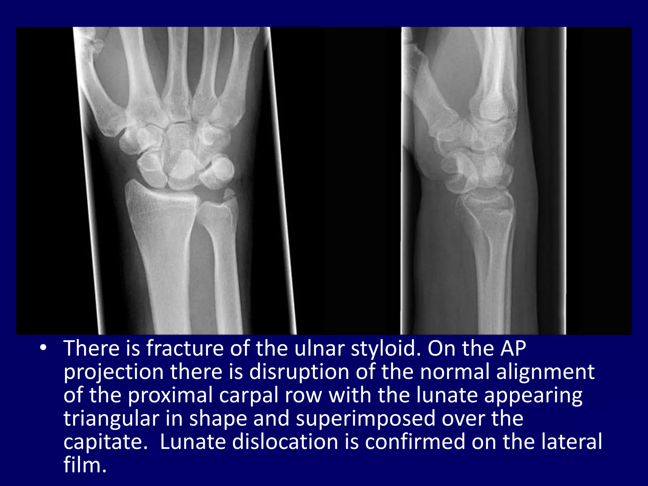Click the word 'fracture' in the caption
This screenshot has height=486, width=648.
click(x=185, y=348)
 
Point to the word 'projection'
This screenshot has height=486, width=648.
click(x=113, y=372)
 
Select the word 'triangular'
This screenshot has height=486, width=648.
click(x=111, y=419)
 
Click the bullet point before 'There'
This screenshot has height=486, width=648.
click(x=43, y=348)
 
